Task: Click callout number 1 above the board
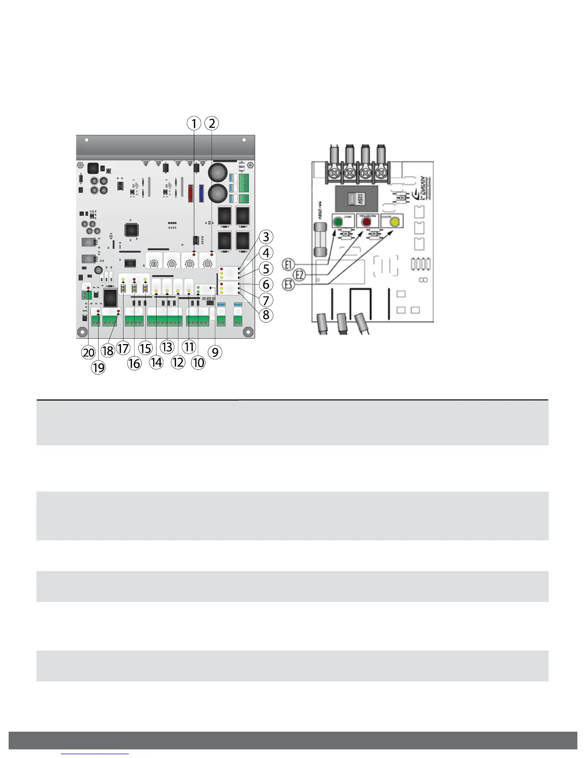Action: click(x=193, y=123)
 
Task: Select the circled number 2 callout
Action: click(x=212, y=123)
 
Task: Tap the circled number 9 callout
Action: click(x=215, y=353)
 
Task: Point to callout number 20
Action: click(x=89, y=353)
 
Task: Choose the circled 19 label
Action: click(x=98, y=368)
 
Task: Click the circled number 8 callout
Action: click(x=266, y=315)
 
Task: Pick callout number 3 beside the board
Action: click(x=266, y=237)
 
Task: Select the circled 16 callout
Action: click(x=134, y=364)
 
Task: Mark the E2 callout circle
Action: click(x=300, y=275)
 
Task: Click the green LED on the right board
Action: click(x=338, y=222)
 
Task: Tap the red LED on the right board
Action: click(x=367, y=222)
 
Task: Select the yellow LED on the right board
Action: click(x=394, y=222)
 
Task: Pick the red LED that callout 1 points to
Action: click(x=194, y=254)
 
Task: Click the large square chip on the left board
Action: click(x=132, y=230)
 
